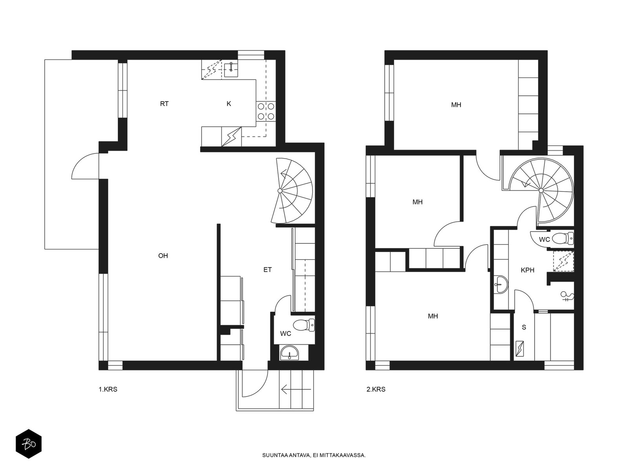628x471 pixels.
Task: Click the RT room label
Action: tap(164, 104)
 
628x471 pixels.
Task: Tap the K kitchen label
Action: tap(228, 104)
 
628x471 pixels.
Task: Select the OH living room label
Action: tap(163, 256)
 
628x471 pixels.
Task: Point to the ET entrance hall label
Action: tap(268, 270)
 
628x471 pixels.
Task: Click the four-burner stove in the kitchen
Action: tap(266, 111)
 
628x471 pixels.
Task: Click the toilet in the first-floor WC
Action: tap(304, 325)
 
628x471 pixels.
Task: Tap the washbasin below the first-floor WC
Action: tap(289, 353)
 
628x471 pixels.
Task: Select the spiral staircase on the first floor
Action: tap(292, 191)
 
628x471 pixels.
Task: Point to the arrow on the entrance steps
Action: tap(296, 389)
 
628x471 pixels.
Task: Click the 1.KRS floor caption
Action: tap(108, 389)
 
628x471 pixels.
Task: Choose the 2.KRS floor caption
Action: tap(376, 389)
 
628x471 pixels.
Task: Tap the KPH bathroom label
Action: tap(527, 270)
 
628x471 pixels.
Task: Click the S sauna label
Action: tap(524, 327)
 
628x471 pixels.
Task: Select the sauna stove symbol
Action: tap(520, 349)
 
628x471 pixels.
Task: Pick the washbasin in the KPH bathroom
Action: tap(501, 285)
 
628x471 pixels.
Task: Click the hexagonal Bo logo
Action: tap(29, 444)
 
